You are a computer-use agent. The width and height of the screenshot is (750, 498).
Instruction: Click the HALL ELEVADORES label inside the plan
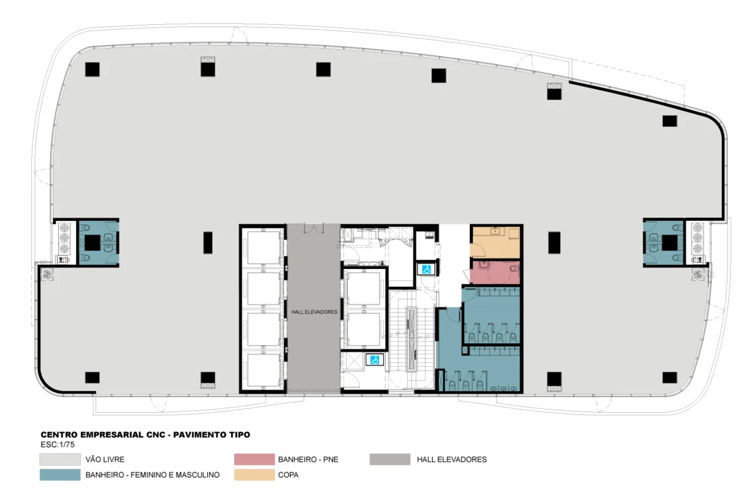point(314,312)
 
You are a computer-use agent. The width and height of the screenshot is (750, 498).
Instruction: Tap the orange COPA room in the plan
point(495,242)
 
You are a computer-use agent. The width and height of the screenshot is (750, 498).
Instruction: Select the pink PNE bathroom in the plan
point(495,273)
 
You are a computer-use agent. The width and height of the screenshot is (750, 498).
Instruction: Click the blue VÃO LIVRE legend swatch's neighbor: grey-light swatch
point(60,459)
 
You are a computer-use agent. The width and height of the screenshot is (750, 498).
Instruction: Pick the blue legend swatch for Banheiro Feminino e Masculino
point(60,474)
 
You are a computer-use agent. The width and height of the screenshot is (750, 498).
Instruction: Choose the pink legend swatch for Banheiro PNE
point(255,459)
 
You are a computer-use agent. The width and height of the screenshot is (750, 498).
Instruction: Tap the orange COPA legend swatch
point(255,474)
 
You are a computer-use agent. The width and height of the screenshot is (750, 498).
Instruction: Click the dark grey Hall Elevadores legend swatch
point(390,459)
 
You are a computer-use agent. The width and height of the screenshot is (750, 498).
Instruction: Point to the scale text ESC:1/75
point(58,444)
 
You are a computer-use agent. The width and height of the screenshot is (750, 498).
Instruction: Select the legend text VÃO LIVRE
point(105,459)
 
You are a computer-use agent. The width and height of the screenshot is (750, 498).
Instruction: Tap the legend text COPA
point(288,475)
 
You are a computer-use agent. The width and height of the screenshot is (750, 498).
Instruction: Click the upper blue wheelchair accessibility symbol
point(426,270)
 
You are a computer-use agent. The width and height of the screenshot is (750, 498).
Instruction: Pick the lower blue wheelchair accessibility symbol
point(375,360)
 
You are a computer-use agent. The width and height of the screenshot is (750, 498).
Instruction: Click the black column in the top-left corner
point(92,70)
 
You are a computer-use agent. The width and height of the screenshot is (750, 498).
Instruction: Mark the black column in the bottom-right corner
point(670,377)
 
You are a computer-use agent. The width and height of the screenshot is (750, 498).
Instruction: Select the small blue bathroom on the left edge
point(99,243)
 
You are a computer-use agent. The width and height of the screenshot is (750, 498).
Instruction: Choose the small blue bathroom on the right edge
point(663,243)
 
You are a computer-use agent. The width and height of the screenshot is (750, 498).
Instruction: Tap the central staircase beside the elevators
point(412,339)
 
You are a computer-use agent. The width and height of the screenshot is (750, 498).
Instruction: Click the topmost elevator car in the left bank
point(264,248)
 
